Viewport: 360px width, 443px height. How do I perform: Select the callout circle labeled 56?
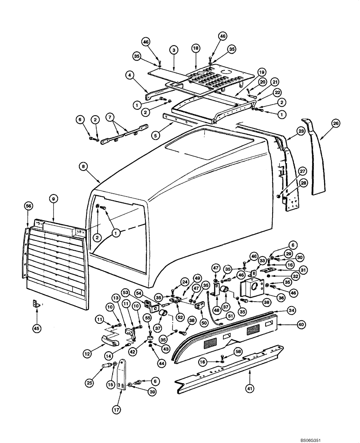click(x=28, y=206)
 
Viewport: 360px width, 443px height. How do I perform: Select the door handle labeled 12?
click(x=108, y=340)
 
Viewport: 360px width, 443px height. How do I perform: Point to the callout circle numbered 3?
click(x=174, y=51)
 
